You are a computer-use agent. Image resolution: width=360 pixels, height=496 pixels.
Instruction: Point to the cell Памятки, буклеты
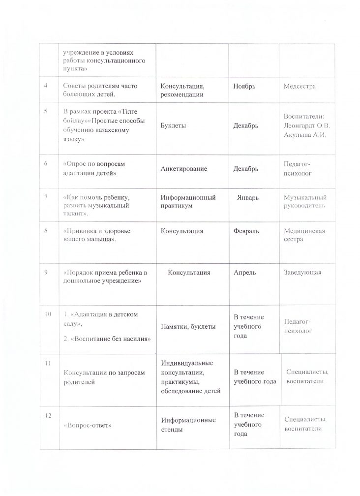pyautogui.click(x=184, y=326)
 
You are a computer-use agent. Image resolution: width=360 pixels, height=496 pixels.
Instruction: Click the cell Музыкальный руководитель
pyautogui.click(x=305, y=201)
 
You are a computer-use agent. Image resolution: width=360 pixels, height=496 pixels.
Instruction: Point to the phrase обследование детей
pyautogui.click(x=191, y=390)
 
